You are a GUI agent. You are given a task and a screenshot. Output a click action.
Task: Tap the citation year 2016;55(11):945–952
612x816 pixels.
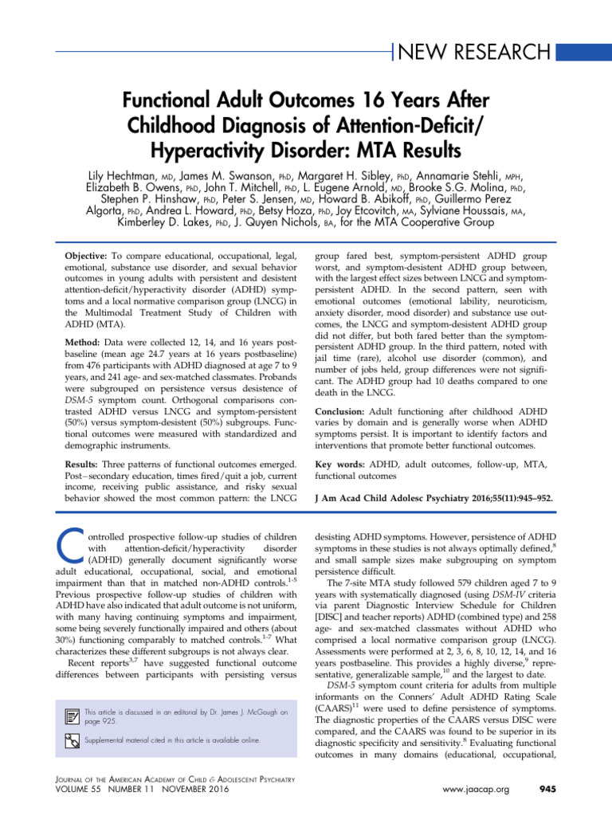tap(501, 500)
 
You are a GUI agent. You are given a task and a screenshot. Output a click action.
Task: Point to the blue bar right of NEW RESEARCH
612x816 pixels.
tap(583, 53)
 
